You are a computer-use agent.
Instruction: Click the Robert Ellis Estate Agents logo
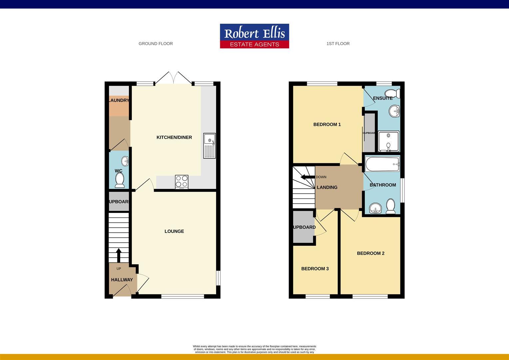click(x=254, y=36)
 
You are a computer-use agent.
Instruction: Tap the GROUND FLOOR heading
click(x=156, y=44)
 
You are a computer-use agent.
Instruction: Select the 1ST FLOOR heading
click(x=338, y=44)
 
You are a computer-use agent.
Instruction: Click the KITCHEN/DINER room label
click(x=174, y=137)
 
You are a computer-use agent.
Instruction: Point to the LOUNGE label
click(x=174, y=231)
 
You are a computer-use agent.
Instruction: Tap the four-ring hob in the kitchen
click(x=182, y=182)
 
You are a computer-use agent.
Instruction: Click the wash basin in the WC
click(x=125, y=161)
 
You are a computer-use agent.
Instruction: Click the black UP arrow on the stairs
click(x=119, y=255)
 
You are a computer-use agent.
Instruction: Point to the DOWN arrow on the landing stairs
click(x=307, y=177)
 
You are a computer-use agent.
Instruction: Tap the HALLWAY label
click(x=122, y=280)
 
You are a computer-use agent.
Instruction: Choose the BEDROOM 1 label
click(x=327, y=125)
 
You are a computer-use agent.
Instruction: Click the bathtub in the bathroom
click(x=382, y=164)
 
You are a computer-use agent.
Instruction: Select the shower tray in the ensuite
click(x=388, y=141)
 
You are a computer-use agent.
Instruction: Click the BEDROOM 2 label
click(x=371, y=253)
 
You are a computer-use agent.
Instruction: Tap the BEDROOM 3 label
click(x=315, y=269)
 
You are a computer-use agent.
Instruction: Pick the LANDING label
click(x=327, y=187)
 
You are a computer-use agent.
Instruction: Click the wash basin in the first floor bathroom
click(x=376, y=208)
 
